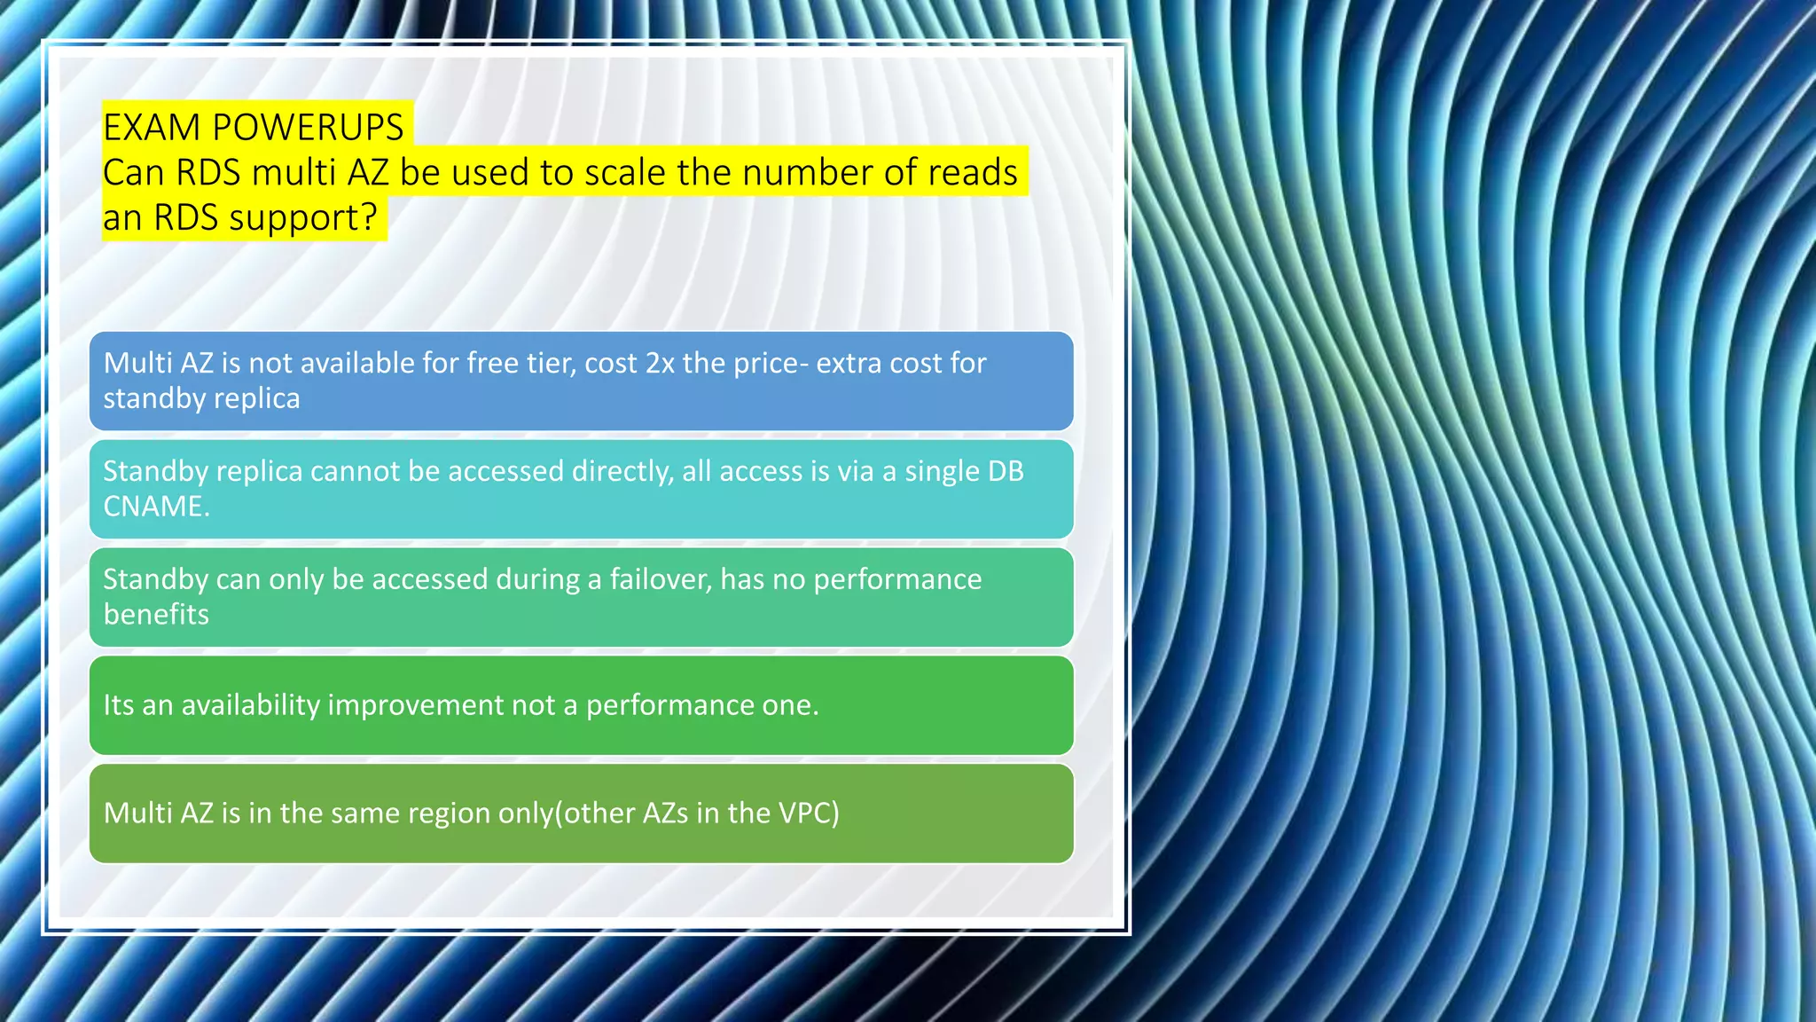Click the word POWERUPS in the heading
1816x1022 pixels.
[308, 128]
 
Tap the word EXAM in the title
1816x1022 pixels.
[152, 128]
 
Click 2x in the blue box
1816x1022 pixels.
[660, 363]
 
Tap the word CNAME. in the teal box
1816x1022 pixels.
[156, 506]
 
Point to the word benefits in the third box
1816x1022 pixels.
[156, 614]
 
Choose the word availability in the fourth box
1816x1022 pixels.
[250, 705]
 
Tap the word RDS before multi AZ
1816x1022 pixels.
[208, 172]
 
